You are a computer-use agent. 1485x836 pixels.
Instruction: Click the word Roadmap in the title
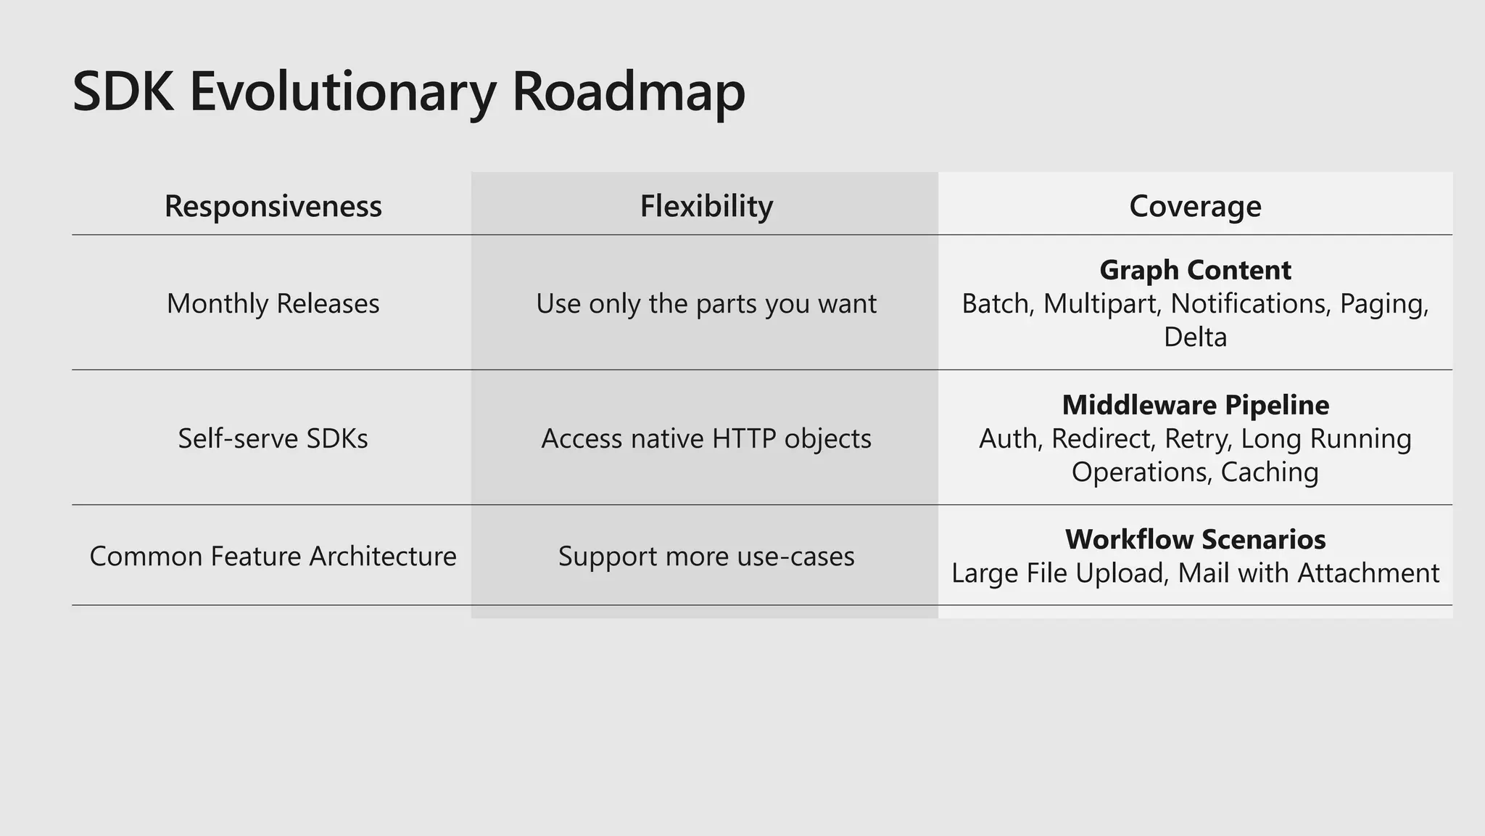[628, 93]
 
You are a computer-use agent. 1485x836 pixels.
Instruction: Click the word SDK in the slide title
[123, 93]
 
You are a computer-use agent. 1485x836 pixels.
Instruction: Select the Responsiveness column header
[273, 206]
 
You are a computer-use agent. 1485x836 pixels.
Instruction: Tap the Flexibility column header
[706, 206]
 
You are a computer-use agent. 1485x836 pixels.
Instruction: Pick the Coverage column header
[1195, 206]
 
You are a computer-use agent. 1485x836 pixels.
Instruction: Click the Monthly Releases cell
[273, 303]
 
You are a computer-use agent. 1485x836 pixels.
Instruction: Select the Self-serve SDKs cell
[273, 438]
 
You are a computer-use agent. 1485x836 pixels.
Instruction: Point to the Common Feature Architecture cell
[273, 556]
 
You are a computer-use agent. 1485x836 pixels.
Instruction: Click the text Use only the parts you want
[706, 303]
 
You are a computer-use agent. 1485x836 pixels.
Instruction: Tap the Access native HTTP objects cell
[706, 438]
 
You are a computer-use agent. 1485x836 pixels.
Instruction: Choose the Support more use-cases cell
[706, 556]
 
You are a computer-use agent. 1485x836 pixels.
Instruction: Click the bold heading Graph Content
[1195, 270]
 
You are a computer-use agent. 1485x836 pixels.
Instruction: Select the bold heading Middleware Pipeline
[1195, 405]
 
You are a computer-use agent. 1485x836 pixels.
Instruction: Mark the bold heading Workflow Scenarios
[1195, 539]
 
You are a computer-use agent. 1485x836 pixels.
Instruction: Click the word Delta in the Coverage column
[1195, 337]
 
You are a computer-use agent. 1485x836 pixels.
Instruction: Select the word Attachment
[1368, 573]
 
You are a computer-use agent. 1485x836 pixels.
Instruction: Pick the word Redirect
[1104, 438]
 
